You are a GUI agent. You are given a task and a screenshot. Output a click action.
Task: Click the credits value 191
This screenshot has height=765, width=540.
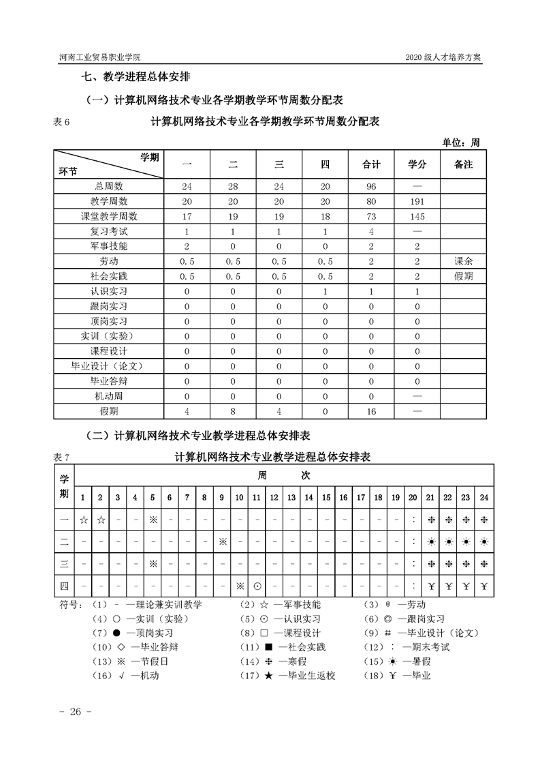click(417, 202)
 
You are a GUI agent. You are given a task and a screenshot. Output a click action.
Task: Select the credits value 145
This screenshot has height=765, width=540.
click(417, 217)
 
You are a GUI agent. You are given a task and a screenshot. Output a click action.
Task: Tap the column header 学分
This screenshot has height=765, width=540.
click(417, 165)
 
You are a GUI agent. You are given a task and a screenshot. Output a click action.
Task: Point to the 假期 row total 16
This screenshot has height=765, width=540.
click(371, 411)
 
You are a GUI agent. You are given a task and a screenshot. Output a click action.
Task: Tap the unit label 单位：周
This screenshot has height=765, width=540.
click(461, 142)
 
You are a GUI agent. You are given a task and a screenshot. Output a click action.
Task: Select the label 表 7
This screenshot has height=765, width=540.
click(61, 457)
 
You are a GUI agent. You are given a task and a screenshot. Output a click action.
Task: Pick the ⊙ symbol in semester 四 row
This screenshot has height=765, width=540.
click(257, 586)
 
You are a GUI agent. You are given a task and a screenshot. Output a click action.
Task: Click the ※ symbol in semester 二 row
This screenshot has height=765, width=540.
click(222, 541)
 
